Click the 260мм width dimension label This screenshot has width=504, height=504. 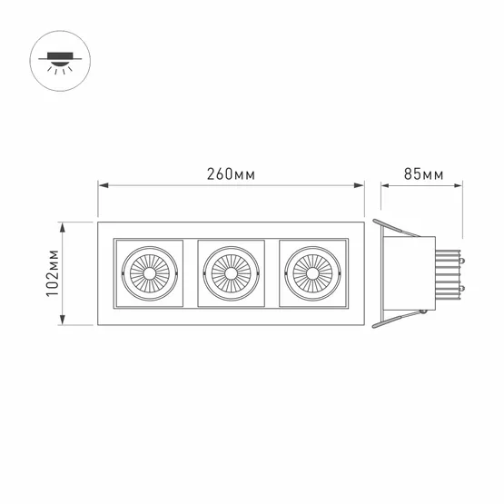pos(231,173)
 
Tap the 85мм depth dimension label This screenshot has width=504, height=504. pos(424,173)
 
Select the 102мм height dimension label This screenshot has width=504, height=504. pos(53,273)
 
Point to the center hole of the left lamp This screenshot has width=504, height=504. pos(150,273)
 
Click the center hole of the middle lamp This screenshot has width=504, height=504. pos(231,273)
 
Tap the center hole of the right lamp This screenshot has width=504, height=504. pos(312,273)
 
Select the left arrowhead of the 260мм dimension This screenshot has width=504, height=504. pos(104,185)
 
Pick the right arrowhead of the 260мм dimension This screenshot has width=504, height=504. pos(359,185)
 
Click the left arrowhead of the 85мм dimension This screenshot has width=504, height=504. pos(385,185)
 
